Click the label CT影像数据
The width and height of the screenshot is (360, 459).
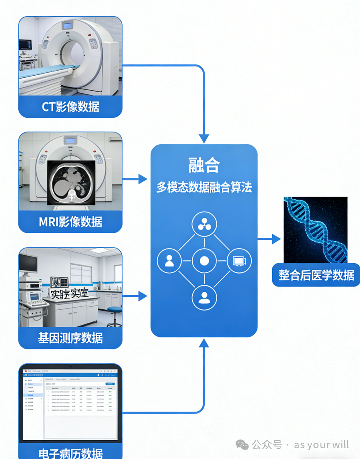click(70, 107)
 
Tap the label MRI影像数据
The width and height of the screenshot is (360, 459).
click(70, 222)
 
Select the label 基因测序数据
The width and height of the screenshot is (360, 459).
click(70, 338)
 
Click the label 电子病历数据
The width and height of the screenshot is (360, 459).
click(70, 453)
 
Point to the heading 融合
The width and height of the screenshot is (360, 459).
click(204, 165)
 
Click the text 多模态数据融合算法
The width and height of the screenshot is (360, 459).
click(204, 187)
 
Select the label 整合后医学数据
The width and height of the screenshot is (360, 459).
click(316, 275)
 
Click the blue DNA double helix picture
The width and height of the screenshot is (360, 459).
click(315, 230)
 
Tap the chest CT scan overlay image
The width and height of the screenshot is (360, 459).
click(71, 183)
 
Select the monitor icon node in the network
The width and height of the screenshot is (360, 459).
click(239, 261)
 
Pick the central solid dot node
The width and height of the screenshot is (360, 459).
click(204, 261)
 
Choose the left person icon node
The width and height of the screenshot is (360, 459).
click(169, 261)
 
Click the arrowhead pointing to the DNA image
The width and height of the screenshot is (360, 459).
click(276, 239)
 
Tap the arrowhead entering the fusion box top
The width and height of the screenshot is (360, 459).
click(204, 138)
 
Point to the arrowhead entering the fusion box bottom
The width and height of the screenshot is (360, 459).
click(204, 343)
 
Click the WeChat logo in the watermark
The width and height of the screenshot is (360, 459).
click(242, 444)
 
